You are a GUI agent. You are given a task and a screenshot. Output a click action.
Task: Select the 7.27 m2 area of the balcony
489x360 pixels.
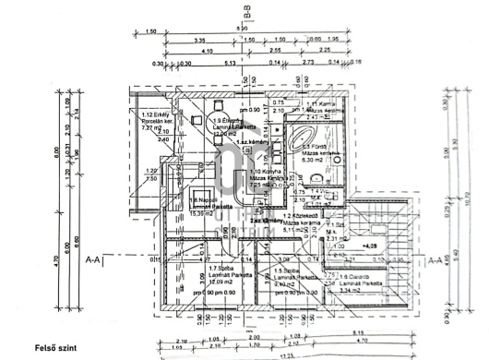tap(149, 128)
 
